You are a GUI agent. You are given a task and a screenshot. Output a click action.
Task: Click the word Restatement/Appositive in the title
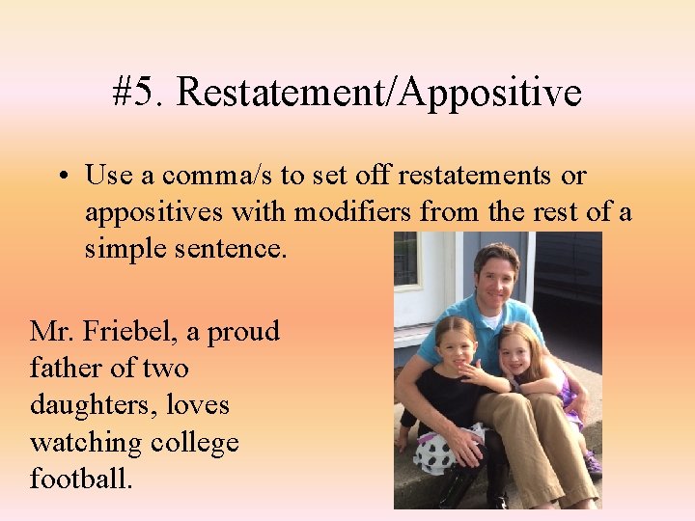pos(379,94)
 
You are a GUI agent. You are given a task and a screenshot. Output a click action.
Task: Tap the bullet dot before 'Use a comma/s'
pos(61,178)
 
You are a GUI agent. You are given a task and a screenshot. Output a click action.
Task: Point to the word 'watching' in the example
pos(85,443)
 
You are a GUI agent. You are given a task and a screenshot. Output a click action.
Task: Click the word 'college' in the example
pos(195,443)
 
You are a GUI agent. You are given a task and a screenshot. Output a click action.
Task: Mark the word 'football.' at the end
pos(82,479)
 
